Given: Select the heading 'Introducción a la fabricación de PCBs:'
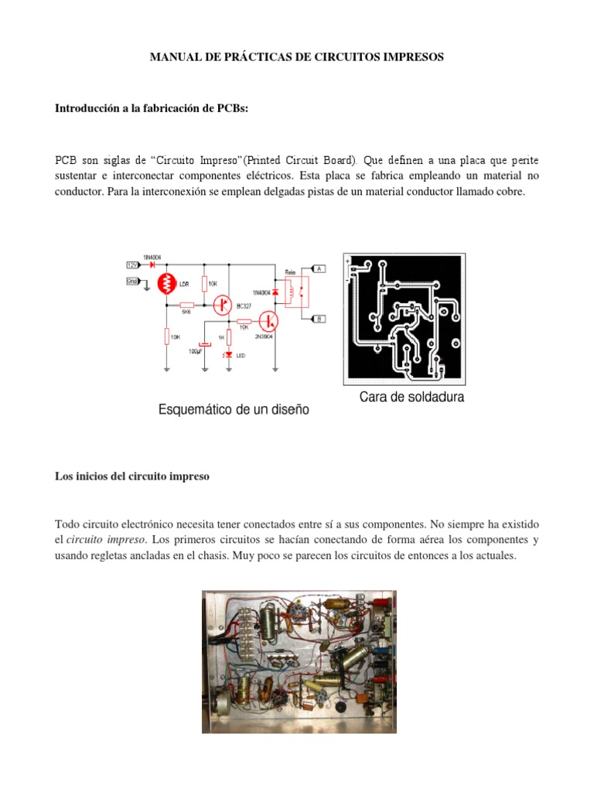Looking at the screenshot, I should point(151,109).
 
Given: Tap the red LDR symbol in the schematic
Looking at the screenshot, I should point(167,284).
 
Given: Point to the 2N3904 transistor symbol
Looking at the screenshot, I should point(268,320).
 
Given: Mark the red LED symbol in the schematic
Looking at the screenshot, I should point(228,354).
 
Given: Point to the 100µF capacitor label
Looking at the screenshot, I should point(196,351).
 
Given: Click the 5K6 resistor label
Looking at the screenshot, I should point(186,312).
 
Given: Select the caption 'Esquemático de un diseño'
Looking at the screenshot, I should point(234,410).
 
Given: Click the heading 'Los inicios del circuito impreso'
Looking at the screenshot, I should point(131,477).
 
